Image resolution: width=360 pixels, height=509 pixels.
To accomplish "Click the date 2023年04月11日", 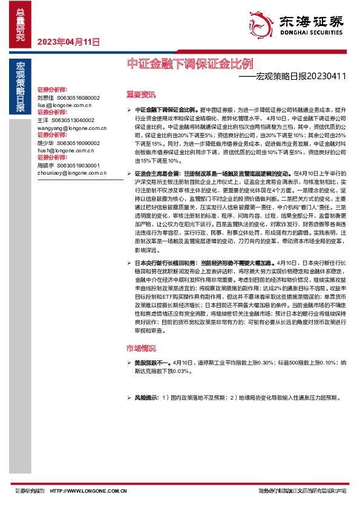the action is tap(68, 42).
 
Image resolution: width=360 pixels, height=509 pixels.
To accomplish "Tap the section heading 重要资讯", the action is tap(140, 94).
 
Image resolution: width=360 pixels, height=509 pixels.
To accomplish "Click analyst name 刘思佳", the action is tap(45, 97).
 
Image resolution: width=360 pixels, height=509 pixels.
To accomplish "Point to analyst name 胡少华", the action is tap(45, 143).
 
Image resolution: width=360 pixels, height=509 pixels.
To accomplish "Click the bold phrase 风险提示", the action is tap(146, 398).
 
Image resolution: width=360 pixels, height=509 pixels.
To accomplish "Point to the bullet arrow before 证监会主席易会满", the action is tap(129, 173).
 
